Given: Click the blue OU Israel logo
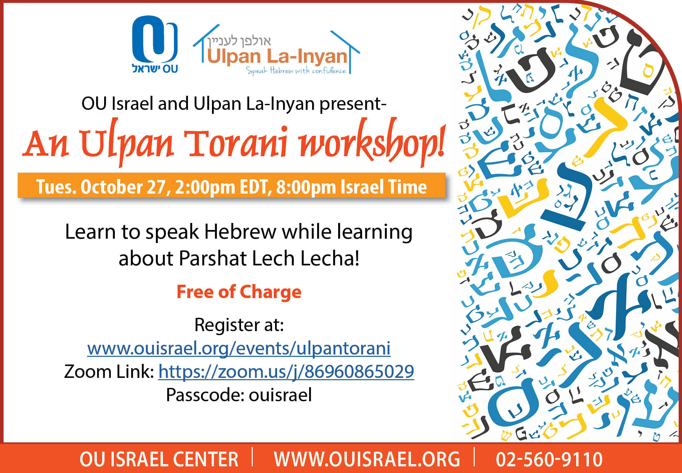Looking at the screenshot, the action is pos(155,44).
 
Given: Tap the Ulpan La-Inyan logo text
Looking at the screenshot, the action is pos(277,56).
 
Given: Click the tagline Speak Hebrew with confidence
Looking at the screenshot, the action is pos(296,70).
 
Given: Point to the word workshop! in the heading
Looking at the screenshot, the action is pos(372,142).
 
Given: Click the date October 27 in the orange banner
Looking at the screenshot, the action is pos(123,187).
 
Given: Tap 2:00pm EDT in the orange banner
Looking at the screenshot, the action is pos(222,187).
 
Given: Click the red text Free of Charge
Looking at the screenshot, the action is pos(239,292).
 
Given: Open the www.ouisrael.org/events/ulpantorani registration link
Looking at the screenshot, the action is pos(239,348).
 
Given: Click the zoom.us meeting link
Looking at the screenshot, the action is pos(286,372).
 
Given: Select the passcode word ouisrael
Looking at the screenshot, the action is pos(280,395).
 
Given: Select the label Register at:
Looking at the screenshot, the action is pos(239,324).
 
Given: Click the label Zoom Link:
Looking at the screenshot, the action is pos(109,372).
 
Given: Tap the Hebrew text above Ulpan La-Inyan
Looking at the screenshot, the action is pos(239,41).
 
